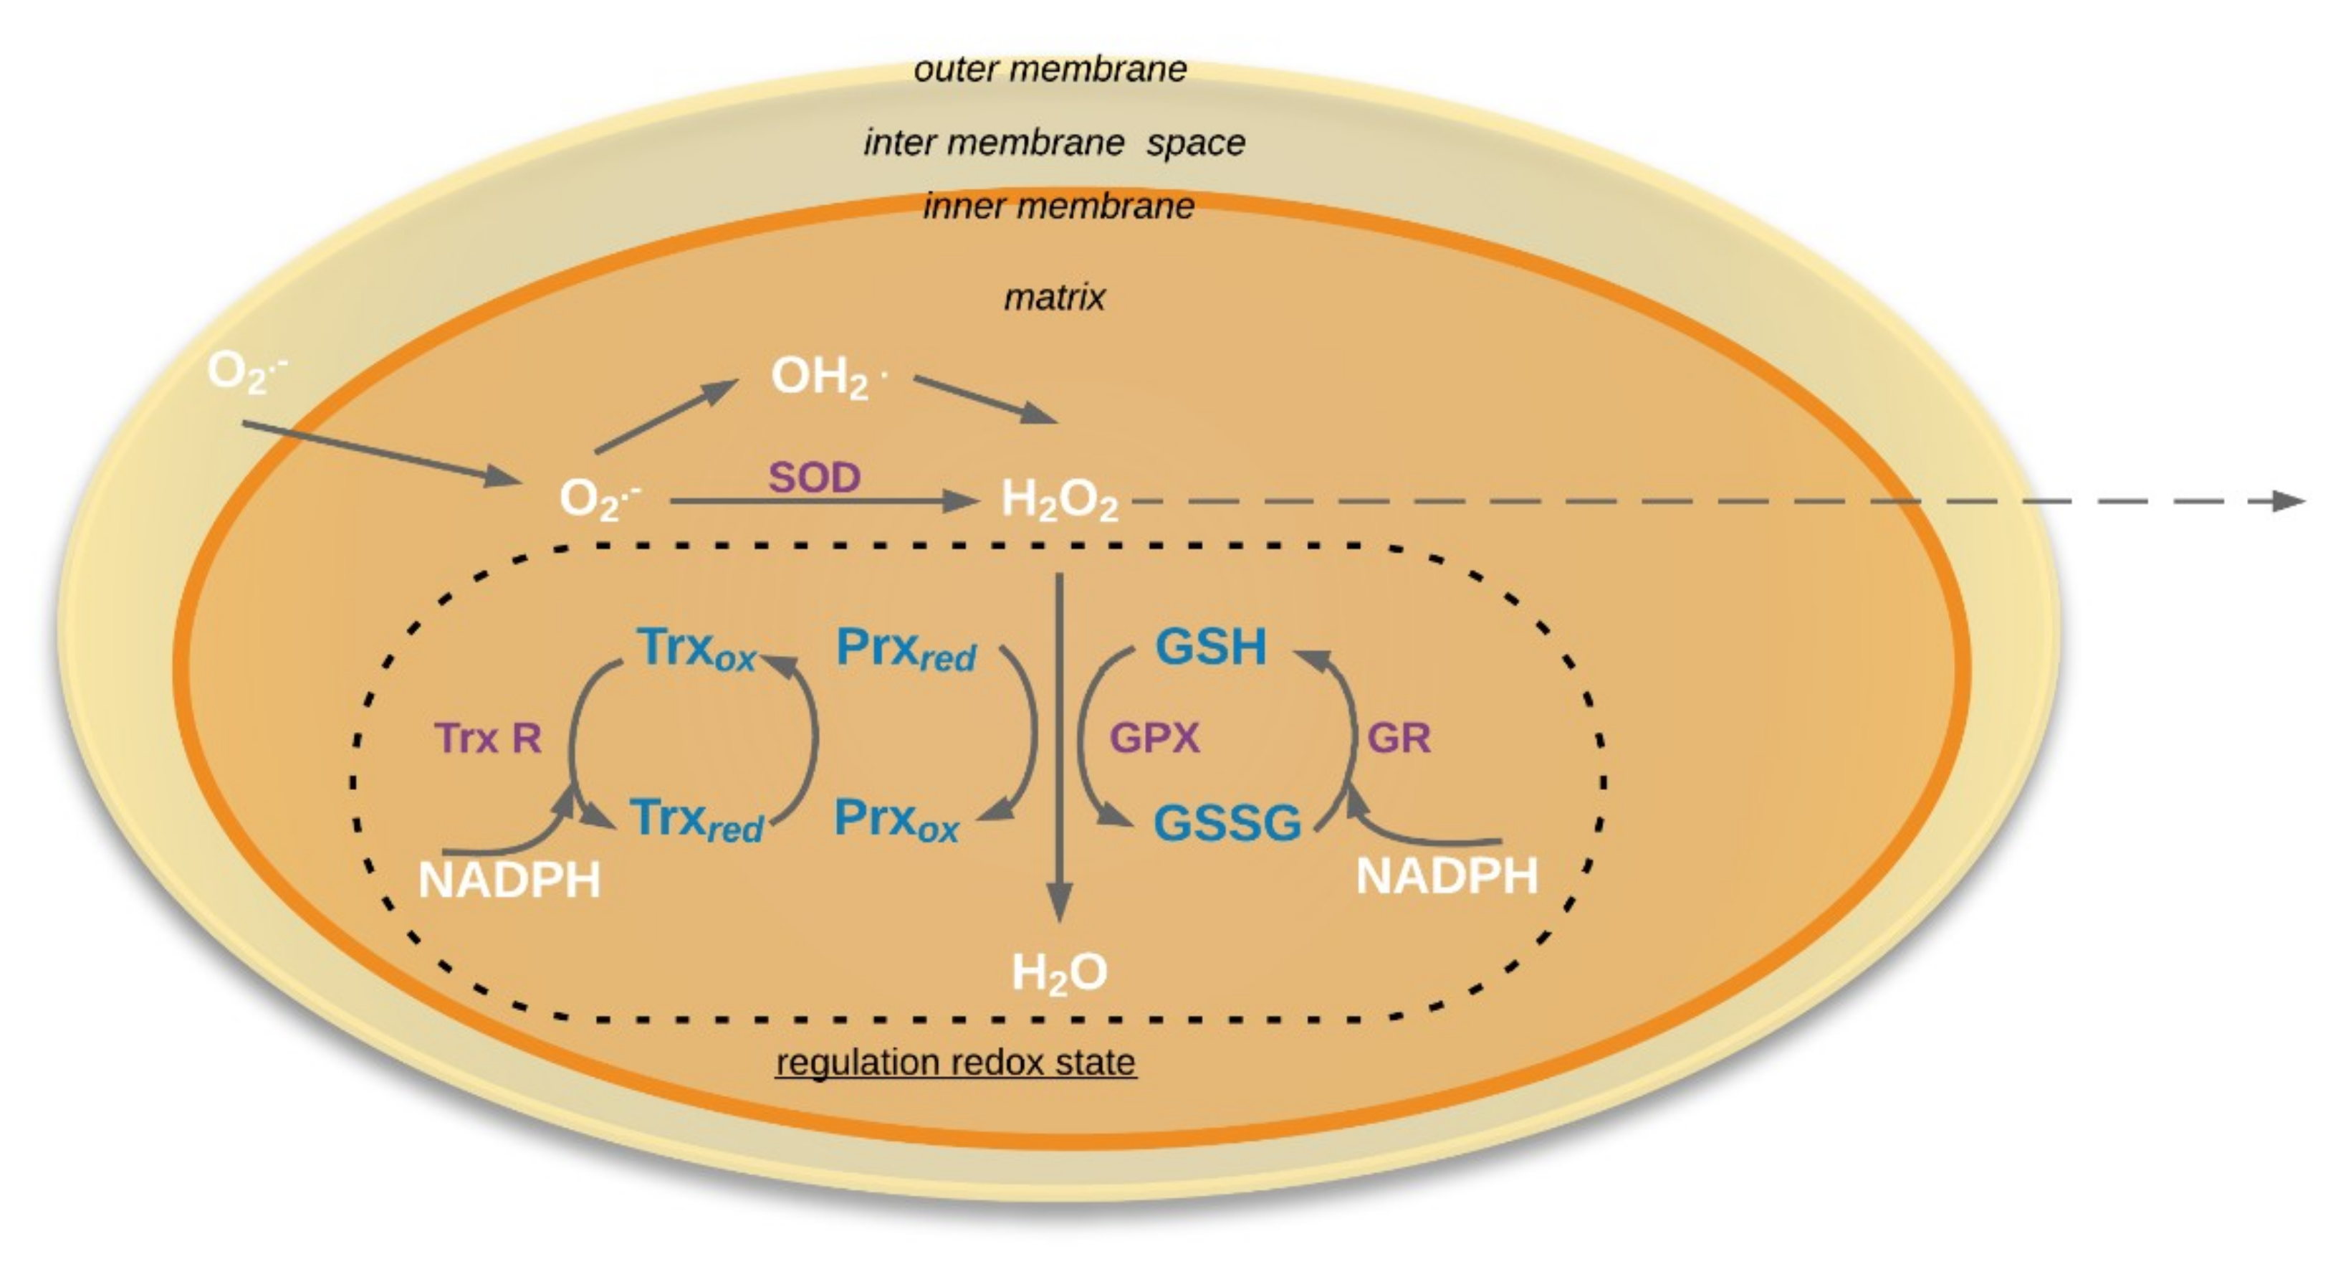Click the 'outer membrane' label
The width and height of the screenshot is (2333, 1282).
pos(1050,69)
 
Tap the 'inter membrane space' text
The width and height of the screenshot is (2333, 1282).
pos(1053,142)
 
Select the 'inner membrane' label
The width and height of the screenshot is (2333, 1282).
pos(1058,206)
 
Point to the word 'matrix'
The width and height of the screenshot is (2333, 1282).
pos(1054,297)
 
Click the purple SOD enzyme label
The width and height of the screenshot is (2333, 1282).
pos(814,478)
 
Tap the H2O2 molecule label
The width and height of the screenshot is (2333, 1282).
pos(1059,500)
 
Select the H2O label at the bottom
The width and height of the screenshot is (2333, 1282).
pos(1059,973)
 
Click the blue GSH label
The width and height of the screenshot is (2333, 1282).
pos(1211,647)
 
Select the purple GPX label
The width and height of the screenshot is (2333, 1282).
pos(1155,739)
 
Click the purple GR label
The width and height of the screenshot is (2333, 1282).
pos(1399,739)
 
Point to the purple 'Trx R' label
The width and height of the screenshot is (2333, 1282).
pos(488,739)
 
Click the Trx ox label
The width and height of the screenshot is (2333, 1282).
pos(696,649)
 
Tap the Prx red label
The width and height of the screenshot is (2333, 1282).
pos(906,650)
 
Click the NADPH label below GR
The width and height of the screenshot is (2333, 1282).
pos(1447,876)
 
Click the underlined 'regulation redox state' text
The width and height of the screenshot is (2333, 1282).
pos(955,1062)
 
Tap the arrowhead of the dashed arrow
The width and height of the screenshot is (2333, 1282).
pos(2289,500)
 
